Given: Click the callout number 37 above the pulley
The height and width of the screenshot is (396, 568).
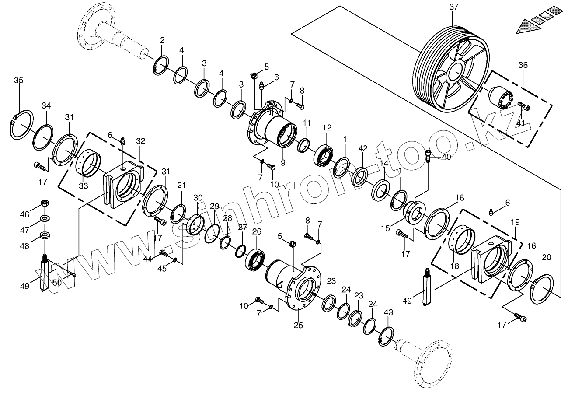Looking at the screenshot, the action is [453, 7].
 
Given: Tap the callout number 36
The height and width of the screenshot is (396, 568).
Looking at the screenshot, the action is [523, 65].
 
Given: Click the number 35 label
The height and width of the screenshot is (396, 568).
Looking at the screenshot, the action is [18, 80].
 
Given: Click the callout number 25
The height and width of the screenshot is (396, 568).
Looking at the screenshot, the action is [298, 325].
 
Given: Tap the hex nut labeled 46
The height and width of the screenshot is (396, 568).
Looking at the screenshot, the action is [44, 203].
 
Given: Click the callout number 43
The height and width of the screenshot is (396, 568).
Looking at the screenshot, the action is [388, 312].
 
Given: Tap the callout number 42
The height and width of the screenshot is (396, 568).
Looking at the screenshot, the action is [363, 148].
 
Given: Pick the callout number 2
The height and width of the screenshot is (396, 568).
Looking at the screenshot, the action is [162, 40].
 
